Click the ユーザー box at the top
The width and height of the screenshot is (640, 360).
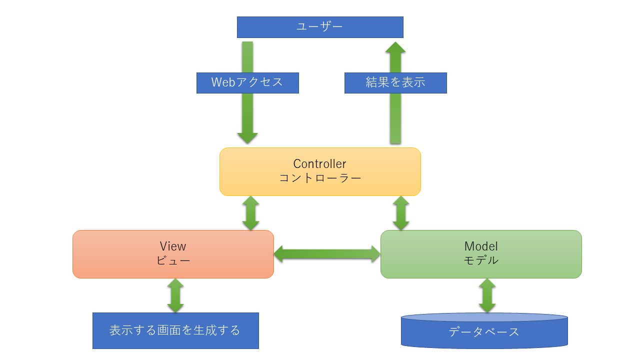tap(320, 27)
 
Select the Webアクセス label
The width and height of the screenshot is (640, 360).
tap(247, 83)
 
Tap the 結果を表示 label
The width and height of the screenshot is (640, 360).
tap(395, 83)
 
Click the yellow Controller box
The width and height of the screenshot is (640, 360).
tap(320, 171)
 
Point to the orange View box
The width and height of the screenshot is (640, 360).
tap(173, 254)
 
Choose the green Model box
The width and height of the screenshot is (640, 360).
tap(481, 254)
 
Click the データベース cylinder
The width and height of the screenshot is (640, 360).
tap(484, 331)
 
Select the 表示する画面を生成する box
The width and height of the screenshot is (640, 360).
tap(175, 330)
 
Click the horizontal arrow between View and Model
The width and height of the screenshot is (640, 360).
tap(327, 253)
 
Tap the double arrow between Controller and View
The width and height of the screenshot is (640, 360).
tap(250, 213)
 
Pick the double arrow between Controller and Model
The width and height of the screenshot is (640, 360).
tap(400, 213)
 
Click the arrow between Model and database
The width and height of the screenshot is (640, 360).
tap(487, 296)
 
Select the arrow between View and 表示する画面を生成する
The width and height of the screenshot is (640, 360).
tap(175, 296)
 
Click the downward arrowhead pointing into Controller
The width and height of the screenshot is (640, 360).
tap(247, 137)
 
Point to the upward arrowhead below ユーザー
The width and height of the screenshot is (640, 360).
tap(395, 48)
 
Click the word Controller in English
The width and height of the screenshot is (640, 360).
tap(319, 164)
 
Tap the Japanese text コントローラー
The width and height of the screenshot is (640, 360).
tap(319, 178)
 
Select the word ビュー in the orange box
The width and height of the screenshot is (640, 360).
tap(173, 260)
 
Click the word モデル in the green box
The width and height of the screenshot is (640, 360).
tap(481, 260)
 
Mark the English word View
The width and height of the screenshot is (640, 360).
tap(173, 246)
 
